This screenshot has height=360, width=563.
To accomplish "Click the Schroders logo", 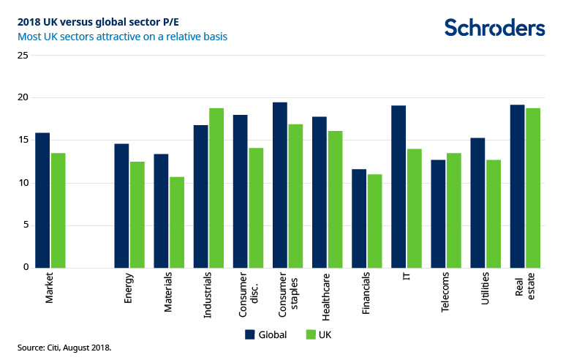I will (x=494, y=28).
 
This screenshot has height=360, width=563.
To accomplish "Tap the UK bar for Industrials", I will (x=216, y=188).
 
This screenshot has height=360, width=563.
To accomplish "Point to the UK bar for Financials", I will (x=374, y=221).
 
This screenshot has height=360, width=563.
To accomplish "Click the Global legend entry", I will (x=265, y=334).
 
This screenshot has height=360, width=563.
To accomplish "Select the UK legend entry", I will (x=318, y=334).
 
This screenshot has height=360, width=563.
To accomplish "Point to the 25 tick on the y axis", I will (x=23, y=56).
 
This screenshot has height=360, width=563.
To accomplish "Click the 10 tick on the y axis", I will (x=23, y=183).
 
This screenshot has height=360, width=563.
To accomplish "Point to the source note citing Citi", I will (x=64, y=347).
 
